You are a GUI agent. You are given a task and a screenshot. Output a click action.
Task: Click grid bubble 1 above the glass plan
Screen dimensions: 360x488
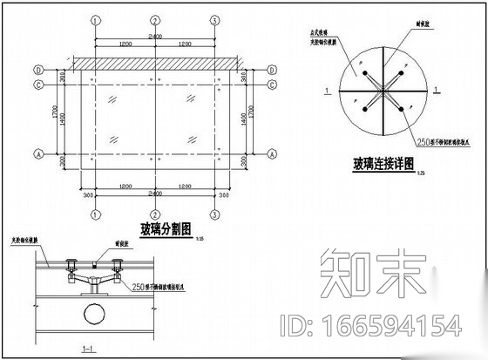click(95, 19)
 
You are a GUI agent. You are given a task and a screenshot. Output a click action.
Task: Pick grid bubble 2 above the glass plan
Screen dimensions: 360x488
click(154, 19)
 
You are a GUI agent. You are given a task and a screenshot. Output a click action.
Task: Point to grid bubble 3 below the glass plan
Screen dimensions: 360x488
click(213, 214)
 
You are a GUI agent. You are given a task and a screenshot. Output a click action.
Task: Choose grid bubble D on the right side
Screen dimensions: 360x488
click(273, 69)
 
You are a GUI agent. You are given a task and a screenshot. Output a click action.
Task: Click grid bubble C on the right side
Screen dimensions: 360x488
click(273, 84)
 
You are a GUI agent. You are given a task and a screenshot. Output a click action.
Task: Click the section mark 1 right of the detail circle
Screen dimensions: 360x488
click(436, 90)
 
